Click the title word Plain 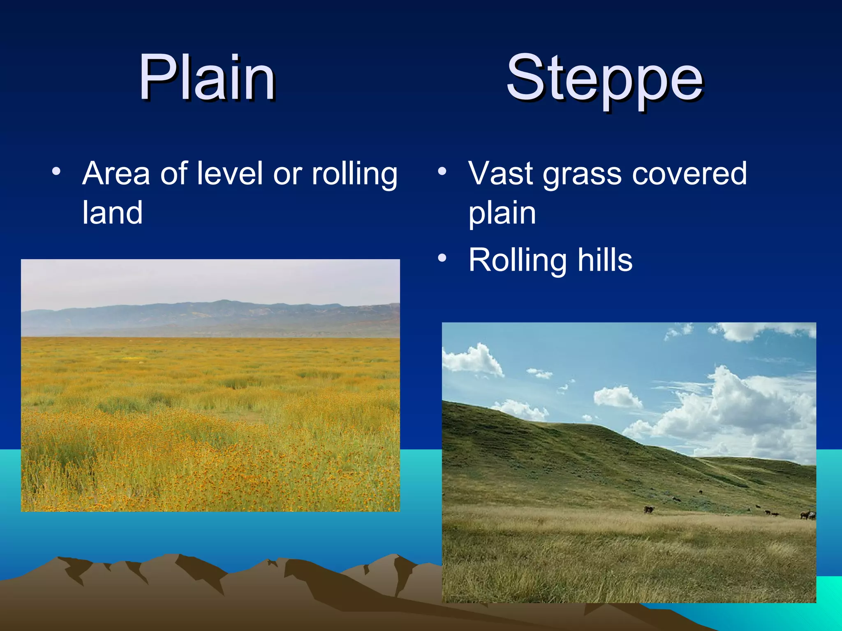click(207, 78)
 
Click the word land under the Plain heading click(112, 212)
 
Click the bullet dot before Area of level click(56, 171)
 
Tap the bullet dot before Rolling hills click(442, 258)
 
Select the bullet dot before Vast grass click(442, 171)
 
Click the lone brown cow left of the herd click(649, 509)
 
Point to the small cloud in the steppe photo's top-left click(473, 359)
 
